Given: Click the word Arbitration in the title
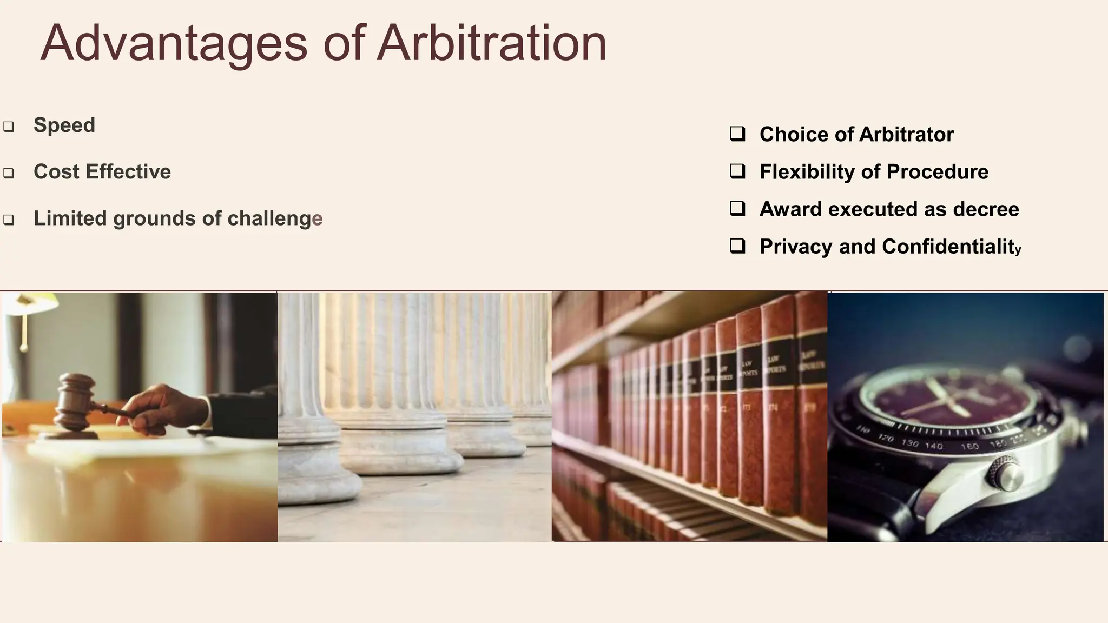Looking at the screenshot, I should [x=491, y=43].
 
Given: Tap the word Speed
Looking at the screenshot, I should [x=64, y=125].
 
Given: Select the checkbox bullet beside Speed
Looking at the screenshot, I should [x=9, y=127].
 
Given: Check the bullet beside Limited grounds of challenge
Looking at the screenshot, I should [x=9, y=220].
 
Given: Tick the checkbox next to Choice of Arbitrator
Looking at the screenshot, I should [x=737, y=134].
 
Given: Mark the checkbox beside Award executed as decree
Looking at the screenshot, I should [x=737, y=208].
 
